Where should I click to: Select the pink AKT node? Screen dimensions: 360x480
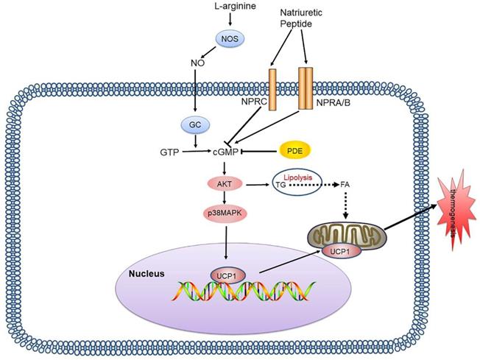coord(224,183)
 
